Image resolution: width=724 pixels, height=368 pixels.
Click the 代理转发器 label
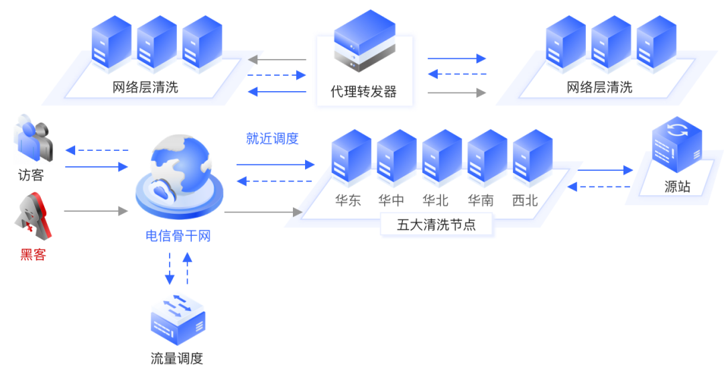click(x=364, y=92)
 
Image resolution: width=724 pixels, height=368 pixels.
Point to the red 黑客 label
click(x=32, y=254)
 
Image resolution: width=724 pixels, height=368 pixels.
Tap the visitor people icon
click(x=32, y=140)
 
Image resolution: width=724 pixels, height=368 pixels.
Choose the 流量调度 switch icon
click(x=178, y=318)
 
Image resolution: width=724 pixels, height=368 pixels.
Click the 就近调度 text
click(x=272, y=139)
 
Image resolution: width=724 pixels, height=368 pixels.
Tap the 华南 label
click(x=481, y=200)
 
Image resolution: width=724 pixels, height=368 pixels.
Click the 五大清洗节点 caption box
click(x=436, y=225)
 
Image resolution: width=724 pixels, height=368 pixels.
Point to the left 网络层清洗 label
click(x=145, y=88)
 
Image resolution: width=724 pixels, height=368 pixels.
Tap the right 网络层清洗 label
click(x=599, y=88)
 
